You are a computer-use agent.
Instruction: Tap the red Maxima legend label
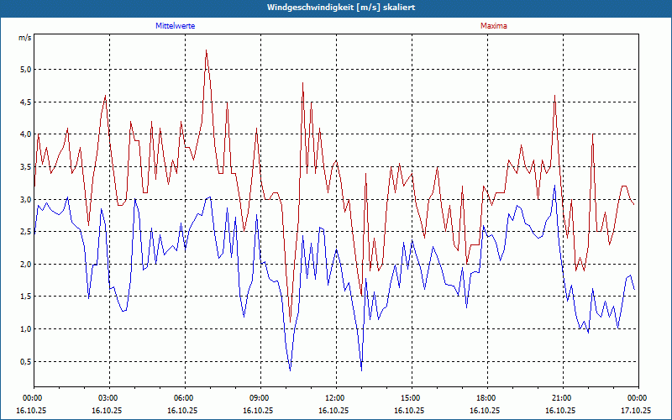pyautogui.click(x=493, y=26)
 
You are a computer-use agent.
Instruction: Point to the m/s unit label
pyautogui.click(x=24, y=39)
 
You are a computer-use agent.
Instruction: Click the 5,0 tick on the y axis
pyautogui.click(x=24, y=70)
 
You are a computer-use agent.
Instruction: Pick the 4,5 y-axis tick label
pyautogui.click(x=24, y=102)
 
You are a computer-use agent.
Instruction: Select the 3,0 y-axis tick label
pyautogui.click(x=24, y=200)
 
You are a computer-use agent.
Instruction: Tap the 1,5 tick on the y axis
pyautogui.click(x=24, y=297)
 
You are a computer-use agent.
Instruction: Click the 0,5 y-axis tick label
pyautogui.click(x=24, y=362)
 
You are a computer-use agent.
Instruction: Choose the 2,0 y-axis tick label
pyautogui.click(x=24, y=265)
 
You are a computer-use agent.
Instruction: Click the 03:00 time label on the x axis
pyautogui.click(x=108, y=397)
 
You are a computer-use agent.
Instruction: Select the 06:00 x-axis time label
pyautogui.click(x=184, y=397)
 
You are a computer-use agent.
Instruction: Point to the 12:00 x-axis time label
pyautogui.click(x=335, y=397)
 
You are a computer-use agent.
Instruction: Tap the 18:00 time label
pyautogui.click(x=486, y=397)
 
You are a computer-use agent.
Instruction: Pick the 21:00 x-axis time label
pyautogui.click(x=562, y=397)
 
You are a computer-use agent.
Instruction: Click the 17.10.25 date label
pyautogui.click(x=637, y=411)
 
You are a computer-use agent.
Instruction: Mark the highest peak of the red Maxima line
pyautogui.click(x=206, y=50)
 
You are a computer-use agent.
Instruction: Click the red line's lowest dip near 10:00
pyautogui.click(x=290, y=318)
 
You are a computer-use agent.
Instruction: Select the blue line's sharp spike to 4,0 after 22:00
pyautogui.click(x=592, y=134)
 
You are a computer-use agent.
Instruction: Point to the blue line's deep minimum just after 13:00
pyautogui.click(x=361, y=370)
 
